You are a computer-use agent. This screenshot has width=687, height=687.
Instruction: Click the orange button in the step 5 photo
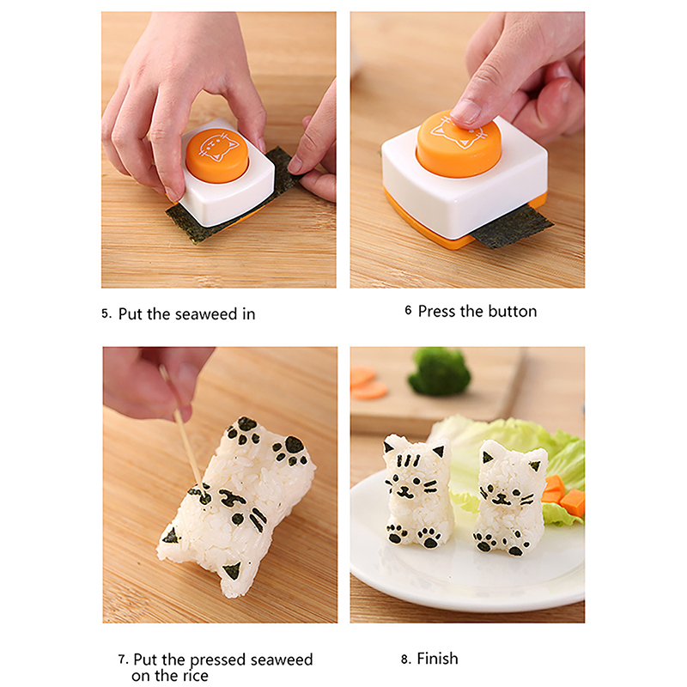pyautogui.click(x=217, y=155)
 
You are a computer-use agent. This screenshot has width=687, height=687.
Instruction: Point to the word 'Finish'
pyautogui.click(x=437, y=659)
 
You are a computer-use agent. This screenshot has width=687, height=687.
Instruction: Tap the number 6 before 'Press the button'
pyautogui.click(x=408, y=311)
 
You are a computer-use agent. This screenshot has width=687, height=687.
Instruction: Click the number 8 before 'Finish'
pyautogui.click(x=405, y=660)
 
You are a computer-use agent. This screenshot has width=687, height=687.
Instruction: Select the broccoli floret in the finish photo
pyautogui.click(x=439, y=371)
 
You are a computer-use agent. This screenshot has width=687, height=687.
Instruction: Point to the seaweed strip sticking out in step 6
pyautogui.click(x=514, y=228)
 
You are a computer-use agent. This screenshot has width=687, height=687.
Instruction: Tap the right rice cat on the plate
pyautogui.click(x=510, y=498)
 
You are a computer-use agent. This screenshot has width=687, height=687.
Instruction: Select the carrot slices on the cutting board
pyautogui.click(x=368, y=383)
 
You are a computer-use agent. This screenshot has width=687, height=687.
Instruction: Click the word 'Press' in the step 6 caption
pyautogui.click(x=436, y=311)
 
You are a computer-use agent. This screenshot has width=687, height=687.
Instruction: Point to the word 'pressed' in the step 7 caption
pyautogui.click(x=218, y=660)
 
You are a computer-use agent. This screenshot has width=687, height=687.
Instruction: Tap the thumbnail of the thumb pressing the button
pyautogui.click(x=466, y=111)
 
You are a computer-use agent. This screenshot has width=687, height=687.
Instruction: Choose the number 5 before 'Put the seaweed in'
pyautogui.click(x=106, y=313)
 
